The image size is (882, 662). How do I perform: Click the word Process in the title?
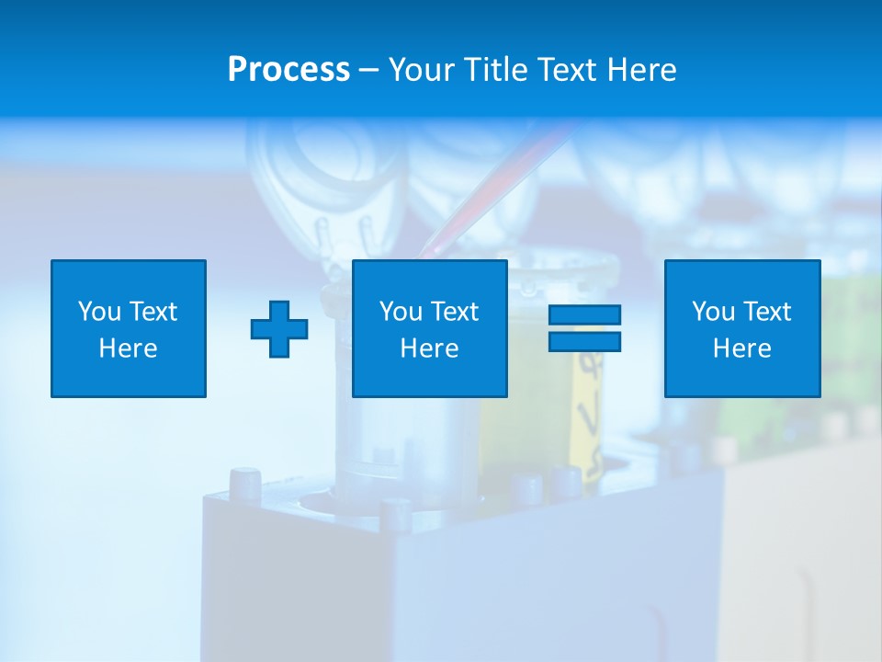coord(288,70)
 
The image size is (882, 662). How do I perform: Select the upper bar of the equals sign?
coord(584,315)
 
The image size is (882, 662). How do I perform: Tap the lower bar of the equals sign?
coord(584,341)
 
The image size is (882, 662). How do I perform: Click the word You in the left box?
coord(99,312)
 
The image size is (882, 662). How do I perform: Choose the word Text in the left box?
coord(153,312)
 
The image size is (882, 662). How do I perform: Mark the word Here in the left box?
coord(128,348)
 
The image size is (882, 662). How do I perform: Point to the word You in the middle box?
coord(401,312)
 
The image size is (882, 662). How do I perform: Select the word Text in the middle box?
coord(454,312)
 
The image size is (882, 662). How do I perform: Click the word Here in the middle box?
coord(429,348)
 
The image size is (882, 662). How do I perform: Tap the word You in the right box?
coord(713,312)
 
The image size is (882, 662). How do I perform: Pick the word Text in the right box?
coord(766,312)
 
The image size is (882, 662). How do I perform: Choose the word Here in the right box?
coord(741,348)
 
